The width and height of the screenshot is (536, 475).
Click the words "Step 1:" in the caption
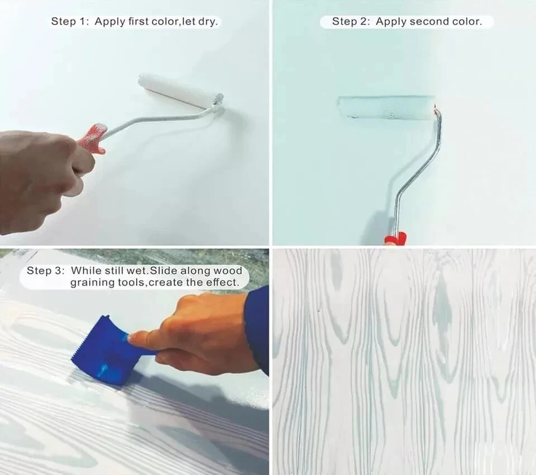70,21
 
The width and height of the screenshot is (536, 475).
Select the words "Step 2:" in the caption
351,21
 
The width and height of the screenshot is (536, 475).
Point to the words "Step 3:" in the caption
45,270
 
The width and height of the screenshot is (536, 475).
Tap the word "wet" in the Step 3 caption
137,270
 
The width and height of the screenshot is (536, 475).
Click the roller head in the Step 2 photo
386,107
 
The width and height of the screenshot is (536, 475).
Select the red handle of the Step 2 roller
395,238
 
